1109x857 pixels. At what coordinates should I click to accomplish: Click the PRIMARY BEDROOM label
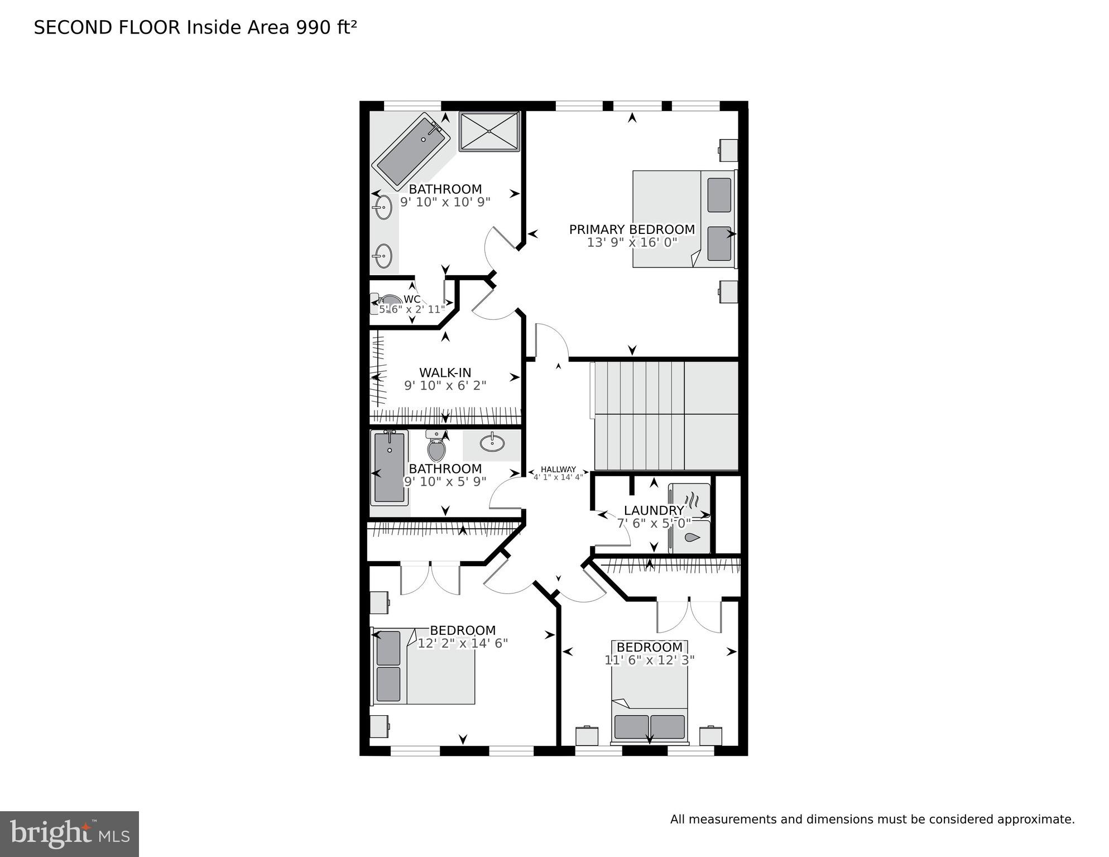[632, 229]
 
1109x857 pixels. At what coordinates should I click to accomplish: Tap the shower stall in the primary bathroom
[489, 131]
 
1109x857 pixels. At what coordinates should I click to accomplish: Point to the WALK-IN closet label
[445, 372]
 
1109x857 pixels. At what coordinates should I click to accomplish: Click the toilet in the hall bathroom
[436, 446]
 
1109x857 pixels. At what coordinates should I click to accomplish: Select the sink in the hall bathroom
[492, 443]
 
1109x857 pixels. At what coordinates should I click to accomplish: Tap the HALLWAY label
[558, 470]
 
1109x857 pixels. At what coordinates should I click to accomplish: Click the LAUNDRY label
[654, 510]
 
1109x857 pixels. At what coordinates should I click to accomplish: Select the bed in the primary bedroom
[684, 219]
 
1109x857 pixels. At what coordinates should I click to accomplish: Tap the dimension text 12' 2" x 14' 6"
[463, 643]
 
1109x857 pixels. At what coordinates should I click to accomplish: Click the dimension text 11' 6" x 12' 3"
[650, 660]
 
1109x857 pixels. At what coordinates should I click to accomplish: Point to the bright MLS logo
[69, 834]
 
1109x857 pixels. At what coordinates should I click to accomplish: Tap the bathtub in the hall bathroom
[389, 467]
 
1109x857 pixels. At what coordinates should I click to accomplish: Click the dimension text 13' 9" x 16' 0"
[632, 242]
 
